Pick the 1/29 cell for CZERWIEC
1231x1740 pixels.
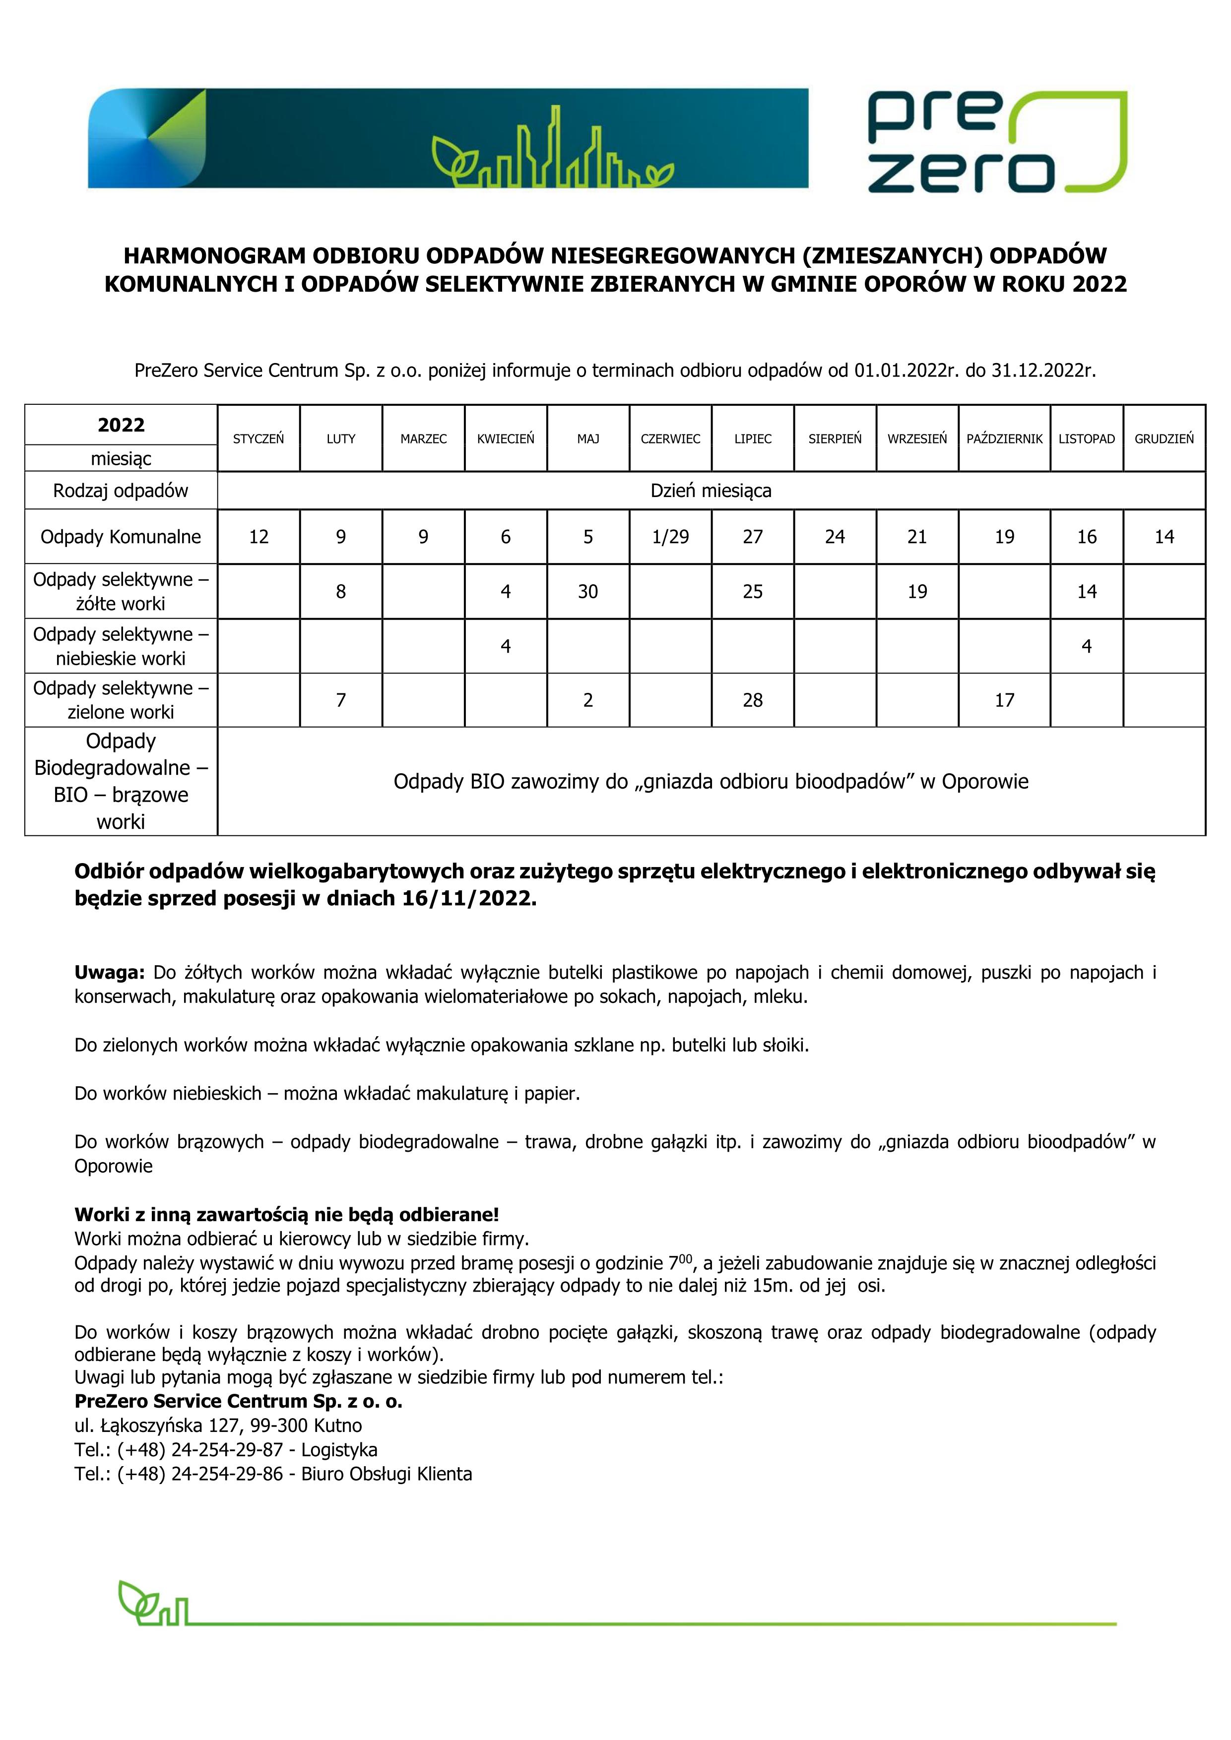click(670, 537)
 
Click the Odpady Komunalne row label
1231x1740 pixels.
click(121, 537)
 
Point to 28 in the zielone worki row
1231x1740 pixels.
click(753, 700)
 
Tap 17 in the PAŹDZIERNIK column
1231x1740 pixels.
click(1004, 700)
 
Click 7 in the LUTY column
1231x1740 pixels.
click(341, 700)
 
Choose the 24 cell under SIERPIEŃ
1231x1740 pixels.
click(835, 537)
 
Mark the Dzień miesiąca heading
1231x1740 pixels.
click(711, 491)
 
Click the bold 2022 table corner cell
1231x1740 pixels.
click(121, 425)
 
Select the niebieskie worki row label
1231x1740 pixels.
click(121, 646)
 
